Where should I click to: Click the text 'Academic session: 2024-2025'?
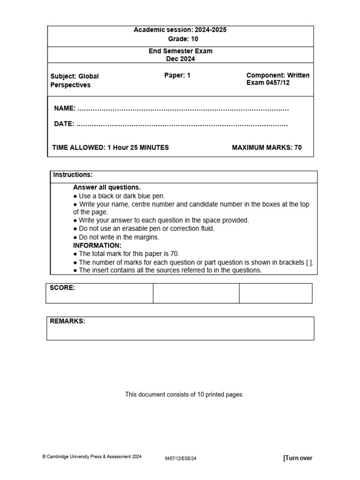point(180,30)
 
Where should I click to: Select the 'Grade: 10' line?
point(180,39)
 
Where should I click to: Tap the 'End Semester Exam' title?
point(180,51)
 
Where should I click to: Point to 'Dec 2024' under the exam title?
point(180,59)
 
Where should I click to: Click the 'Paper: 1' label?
point(177,75)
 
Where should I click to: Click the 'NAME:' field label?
point(65,109)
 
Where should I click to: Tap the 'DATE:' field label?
point(64,124)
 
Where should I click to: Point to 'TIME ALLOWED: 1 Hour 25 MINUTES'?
point(111,148)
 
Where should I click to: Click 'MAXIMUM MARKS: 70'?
point(267,148)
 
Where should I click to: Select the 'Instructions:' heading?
point(73,175)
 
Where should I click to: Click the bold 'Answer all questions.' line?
point(107,187)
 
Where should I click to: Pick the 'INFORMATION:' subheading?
point(97,246)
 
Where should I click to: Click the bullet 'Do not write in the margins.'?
point(116,237)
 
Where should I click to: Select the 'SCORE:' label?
point(62,288)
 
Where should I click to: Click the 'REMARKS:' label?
point(67,322)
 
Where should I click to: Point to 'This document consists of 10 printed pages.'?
point(184,395)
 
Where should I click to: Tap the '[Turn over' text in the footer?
point(298,458)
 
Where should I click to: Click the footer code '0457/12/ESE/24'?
point(180,458)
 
